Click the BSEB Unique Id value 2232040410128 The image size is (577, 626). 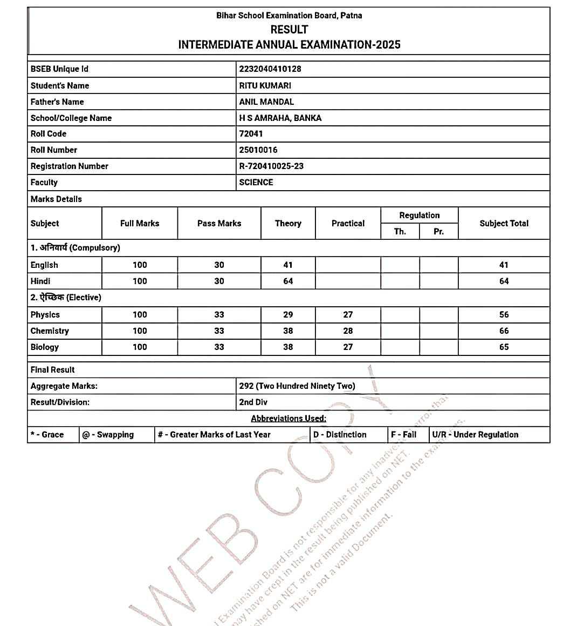(270, 69)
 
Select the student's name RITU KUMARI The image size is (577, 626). (265, 85)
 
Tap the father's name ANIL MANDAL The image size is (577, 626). (266, 102)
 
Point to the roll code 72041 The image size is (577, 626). (251, 133)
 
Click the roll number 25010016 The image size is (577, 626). (258, 150)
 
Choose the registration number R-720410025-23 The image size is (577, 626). (271, 166)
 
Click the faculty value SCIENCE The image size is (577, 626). (256, 182)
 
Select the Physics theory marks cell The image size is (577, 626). (288, 314)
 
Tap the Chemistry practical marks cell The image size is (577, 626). (348, 331)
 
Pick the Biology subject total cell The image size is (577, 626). (504, 347)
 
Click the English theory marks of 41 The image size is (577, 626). (288, 265)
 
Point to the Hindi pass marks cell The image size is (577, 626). (219, 281)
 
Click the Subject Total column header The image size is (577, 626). (504, 223)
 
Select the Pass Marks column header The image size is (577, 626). (219, 223)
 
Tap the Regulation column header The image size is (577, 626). (419, 215)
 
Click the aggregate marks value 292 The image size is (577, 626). (246, 386)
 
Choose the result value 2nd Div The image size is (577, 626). (253, 402)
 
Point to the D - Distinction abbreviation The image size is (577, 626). (340, 434)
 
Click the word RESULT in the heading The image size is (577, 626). (289, 30)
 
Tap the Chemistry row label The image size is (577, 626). (50, 331)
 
